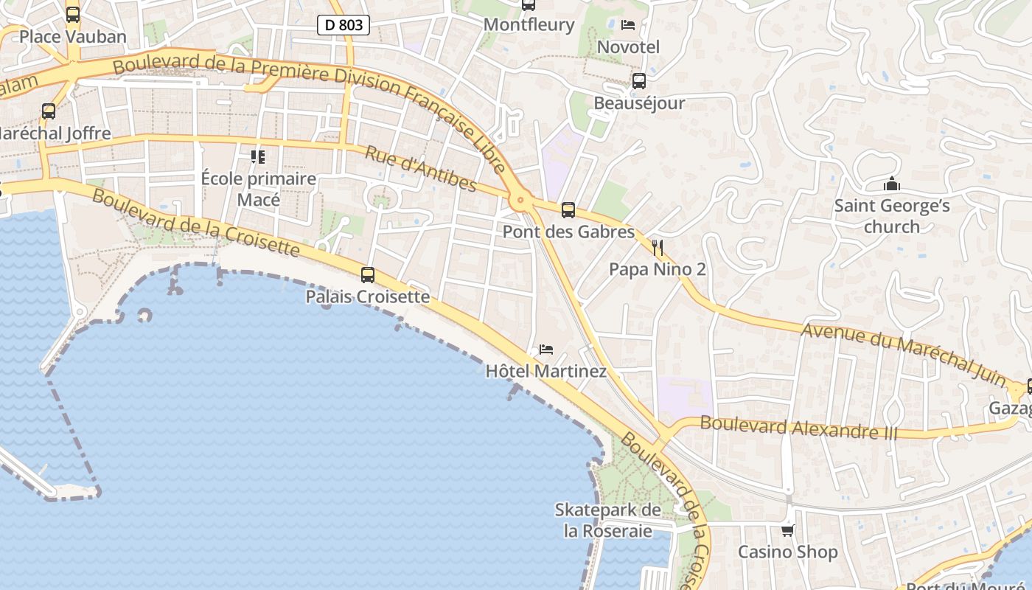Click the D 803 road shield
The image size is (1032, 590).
coord(344,25)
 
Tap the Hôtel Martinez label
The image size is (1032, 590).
coord(546,371)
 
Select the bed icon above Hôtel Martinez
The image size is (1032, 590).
coord(546,349)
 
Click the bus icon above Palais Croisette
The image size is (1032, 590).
coord(368,275)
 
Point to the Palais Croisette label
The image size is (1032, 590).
coord(368,296)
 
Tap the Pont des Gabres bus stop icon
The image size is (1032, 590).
coord(568,210)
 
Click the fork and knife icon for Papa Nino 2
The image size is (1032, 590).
coord(658,248)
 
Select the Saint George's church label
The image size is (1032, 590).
coord(892,216)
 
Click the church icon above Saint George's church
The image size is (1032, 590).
coord(892,184)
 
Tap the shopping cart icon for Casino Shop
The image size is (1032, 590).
coord(788,530)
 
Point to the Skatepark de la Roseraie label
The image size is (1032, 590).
coord(608,520)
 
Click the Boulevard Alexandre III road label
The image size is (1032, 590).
coord(799,428)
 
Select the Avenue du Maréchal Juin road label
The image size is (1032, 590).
coord(904,354)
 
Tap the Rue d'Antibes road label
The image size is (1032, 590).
coord(421,169)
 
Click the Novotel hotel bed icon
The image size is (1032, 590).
coord(628,25)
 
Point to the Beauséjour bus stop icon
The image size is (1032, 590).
coord(639,81)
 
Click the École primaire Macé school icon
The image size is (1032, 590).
coord(258,156)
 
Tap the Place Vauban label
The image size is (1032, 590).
coord(73,36)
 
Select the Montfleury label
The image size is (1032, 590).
coord(529,24)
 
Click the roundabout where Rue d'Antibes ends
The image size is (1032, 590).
coord(521,198)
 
